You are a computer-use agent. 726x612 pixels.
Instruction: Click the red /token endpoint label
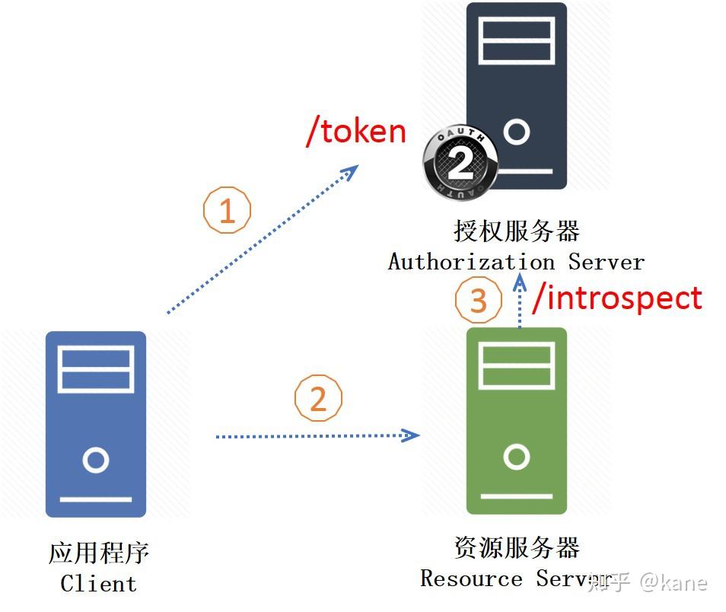pos(356,132)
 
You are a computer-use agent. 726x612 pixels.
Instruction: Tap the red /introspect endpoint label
pos(617,298)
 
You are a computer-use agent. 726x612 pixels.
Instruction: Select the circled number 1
pos(227,210)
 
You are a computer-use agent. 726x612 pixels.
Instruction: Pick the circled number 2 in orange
pos(318,398)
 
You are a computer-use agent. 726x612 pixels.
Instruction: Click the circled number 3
pos(478,301)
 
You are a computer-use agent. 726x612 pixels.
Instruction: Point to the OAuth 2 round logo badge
pos(460,164)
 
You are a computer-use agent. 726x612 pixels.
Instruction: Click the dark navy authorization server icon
pos(517,84)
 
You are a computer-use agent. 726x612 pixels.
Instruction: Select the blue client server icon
pos(96,423)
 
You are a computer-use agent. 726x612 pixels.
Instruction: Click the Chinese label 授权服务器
pos(517,231)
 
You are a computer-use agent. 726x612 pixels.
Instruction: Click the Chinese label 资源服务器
pos(517,547)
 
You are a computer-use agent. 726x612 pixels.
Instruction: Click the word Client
pos(99,584)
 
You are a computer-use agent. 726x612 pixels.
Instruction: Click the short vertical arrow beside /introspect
pos(520,302)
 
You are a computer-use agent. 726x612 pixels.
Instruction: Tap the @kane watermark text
pos(673,583)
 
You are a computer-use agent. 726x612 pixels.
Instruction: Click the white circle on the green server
pos(517,457)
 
